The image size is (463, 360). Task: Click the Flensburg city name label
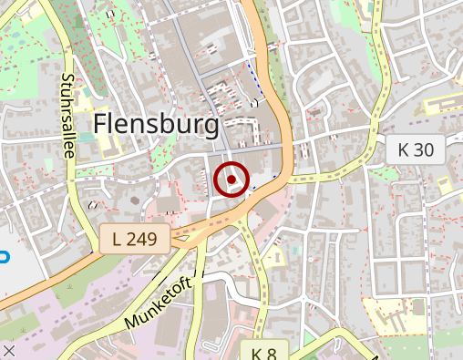(157, 125)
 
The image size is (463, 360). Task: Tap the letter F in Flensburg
(101, 125)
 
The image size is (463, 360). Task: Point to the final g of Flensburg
(211, 128)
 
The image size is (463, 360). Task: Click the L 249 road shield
(135, 241)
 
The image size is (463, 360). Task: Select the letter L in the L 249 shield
(117, 241)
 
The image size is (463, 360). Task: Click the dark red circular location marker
(231, 180)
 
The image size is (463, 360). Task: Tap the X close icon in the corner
(9, 350)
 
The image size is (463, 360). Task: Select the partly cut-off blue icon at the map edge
(4, 257)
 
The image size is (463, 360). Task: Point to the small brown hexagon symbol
(135, 200)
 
